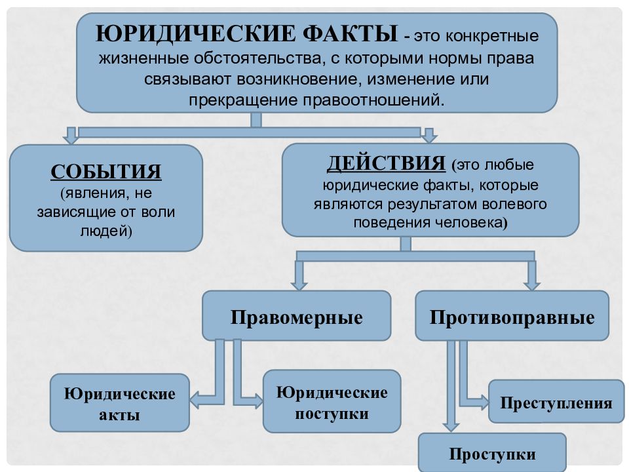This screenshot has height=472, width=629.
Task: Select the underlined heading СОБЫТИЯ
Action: point(106,171)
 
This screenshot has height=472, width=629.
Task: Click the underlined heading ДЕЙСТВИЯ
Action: point(386,163)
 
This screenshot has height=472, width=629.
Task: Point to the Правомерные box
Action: point(296,316)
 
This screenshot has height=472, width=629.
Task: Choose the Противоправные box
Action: point(512,316)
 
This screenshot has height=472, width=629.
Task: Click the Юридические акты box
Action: point(119,403)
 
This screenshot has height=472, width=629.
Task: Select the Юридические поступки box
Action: point(332,401)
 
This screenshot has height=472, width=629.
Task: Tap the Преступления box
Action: point(556,401)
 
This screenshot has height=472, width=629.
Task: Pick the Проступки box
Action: point(492,454)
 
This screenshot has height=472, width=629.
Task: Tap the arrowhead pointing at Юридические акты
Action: point(195,400)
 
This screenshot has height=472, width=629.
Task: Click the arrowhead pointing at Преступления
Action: point(484,402)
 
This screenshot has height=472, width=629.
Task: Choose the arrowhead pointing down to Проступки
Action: point(451,427)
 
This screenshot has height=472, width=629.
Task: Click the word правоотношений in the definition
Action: point(373,100)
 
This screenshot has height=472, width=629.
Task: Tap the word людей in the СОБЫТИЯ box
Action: point(106,231)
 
